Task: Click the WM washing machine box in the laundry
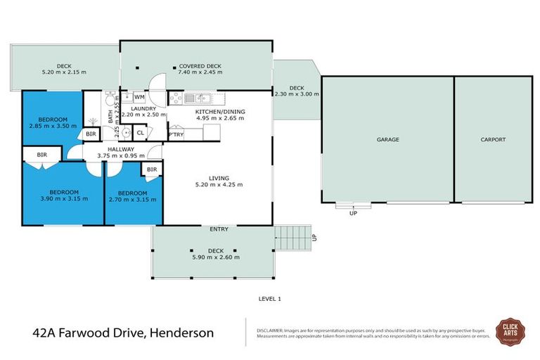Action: (x=139, y=97)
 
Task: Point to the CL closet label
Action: (x=140, y=131)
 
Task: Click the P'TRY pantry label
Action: (x=176, y=134)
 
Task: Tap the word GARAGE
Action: (x=387, y=140)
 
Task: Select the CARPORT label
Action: (x=493, y=140)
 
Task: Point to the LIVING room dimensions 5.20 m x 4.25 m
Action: (x=219, y=185)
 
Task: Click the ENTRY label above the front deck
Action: (x=219, y=229)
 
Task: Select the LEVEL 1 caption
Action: (x=270, y=299)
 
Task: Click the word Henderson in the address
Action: (x=181, y=331)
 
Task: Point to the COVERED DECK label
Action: (x=200, y=65)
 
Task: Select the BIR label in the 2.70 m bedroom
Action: (x=152, y=169)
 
